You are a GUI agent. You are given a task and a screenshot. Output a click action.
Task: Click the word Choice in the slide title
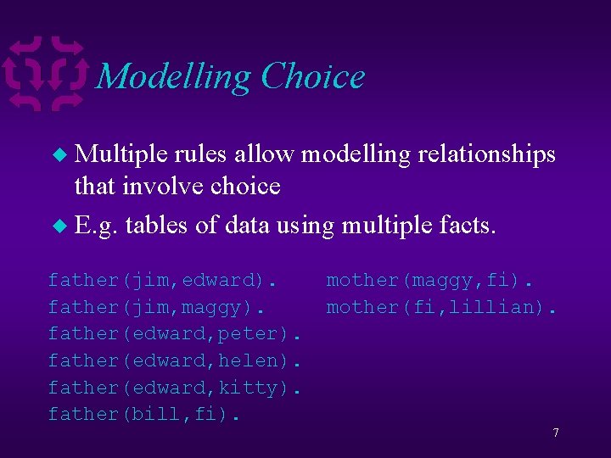(x=313, y=77)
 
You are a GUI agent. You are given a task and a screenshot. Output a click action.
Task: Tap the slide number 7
(x=555, y=433)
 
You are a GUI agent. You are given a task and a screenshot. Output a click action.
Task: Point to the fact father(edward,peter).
(x=176, y=333)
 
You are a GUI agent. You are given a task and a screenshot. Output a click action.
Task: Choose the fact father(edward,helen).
(x=176, y=360)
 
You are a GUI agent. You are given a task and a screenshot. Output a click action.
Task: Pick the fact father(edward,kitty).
(x=176, y=388)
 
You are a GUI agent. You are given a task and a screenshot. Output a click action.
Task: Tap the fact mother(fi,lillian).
(x=442, y=307)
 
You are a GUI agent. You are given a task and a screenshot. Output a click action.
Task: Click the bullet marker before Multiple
(x=59, y=155)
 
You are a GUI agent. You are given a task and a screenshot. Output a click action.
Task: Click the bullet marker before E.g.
(x=59, y=226)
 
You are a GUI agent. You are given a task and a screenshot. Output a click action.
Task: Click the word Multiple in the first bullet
(x=121, y=154)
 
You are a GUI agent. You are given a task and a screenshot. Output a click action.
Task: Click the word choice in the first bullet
(x=241, y=185)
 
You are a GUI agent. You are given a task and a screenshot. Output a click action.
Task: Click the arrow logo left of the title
(x=47, y=74)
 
